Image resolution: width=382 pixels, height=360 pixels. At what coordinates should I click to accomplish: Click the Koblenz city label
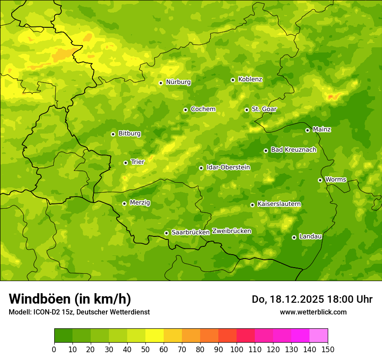[250, 79]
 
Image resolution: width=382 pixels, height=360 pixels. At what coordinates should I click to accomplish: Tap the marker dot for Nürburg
[161, 83]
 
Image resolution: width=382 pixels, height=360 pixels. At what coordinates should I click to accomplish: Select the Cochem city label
[203, 109]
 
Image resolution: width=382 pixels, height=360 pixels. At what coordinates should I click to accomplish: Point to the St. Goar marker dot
[247, 110]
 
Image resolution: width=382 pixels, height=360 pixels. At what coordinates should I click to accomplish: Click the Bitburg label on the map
[129, 134]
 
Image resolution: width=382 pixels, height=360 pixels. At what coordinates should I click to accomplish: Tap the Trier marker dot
[125, 163]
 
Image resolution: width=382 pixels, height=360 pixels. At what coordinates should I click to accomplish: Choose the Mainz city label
[322, 130]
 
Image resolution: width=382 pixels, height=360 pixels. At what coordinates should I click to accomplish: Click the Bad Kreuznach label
[293, 150]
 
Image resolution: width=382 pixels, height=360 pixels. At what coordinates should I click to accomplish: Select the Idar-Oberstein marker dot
[201, 168]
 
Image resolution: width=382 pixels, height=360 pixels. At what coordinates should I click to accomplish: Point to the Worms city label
[336, 180]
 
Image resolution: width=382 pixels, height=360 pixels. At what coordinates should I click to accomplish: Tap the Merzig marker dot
[124, 203]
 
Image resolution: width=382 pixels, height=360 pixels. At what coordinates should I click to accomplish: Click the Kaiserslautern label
[279, 204]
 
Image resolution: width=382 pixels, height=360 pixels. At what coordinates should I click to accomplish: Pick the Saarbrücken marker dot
[166, 233]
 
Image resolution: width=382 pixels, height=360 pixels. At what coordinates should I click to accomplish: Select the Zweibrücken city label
[232, 231]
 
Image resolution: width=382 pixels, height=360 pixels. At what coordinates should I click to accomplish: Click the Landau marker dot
[294, 237]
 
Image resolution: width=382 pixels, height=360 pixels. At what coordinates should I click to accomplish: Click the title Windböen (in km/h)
[70, 299]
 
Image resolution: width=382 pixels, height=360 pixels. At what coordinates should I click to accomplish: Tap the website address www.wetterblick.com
[313, 312]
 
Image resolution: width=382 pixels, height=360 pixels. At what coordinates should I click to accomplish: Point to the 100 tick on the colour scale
[237, 349]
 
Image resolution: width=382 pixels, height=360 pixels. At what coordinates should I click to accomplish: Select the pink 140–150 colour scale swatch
[319, 336]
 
